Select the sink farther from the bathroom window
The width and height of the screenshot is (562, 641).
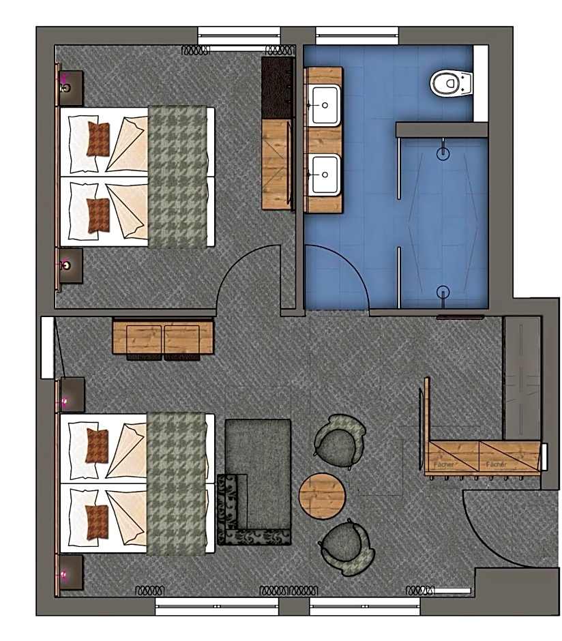324,174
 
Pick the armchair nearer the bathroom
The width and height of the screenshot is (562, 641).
339,438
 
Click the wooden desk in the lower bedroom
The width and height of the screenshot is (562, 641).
163,336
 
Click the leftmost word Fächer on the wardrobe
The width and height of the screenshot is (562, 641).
444,464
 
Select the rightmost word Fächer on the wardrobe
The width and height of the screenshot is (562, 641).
496,464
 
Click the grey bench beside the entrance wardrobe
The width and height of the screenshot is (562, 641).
522,378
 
